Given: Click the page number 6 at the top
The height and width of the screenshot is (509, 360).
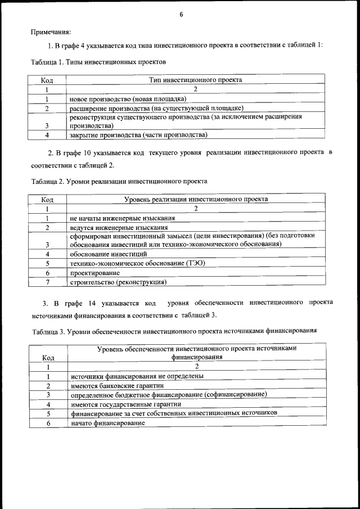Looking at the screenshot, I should pyautogui.click(x=181, y=14).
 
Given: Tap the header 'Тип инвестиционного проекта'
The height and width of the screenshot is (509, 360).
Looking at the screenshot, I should pyautogui.click(x=195, y=80).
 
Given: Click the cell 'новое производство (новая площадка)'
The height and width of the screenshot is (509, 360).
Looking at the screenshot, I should pyautogui.click(x=128, y=98).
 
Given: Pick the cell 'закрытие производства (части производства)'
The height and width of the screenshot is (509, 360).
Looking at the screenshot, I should pyautogui.click(x=138, y=135).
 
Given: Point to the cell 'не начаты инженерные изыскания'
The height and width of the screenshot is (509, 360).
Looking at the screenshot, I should pyautogui.click(x=122, y=218).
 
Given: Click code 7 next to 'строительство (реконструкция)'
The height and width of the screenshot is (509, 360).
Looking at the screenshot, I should pyautogui.click(x=48, y=281).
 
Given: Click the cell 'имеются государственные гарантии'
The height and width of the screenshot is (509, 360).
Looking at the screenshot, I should pyautogui.click(x=126, y=404).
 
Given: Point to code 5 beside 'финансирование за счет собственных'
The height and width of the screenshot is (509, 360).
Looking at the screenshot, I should pyautogui.click(x=49, y=413).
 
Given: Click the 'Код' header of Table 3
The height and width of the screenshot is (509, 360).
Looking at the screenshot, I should pyautogui.click(x=49, y=357).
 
